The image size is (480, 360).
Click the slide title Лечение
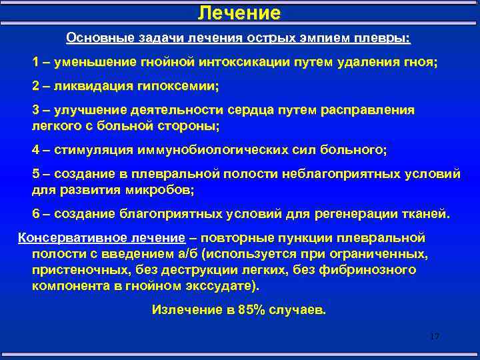(x=240, y=13)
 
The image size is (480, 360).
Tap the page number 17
(x=435, y=337)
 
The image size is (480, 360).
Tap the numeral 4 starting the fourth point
(x=35, y=149)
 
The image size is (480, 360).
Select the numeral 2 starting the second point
(x=35, y=86)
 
